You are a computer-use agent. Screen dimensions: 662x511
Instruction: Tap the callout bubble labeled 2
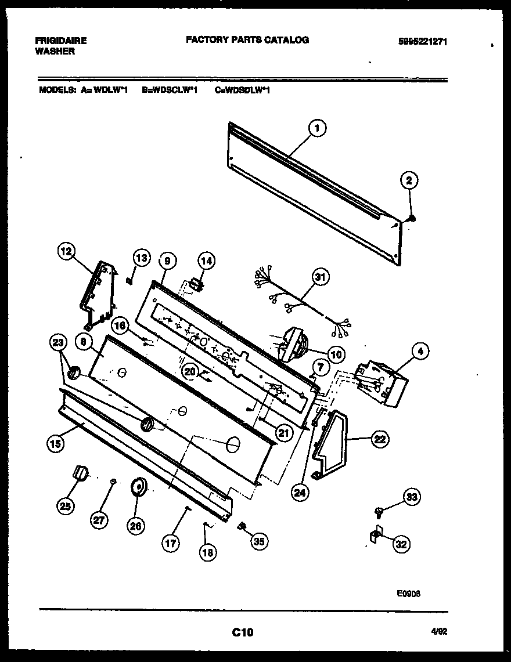tap(409, 181)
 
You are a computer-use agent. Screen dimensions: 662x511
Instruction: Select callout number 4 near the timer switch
tap(420, 350)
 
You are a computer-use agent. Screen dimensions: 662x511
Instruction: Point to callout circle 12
tap(67, 251)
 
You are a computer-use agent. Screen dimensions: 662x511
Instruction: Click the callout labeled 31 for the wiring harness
tap(319, 277)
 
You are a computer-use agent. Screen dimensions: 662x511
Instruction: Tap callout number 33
tap(412, 497)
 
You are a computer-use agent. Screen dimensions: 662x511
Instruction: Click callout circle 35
tap(259, 541)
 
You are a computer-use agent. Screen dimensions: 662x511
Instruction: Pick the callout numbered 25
tap(65, 506)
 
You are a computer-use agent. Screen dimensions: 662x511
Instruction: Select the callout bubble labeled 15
tap(55, 444)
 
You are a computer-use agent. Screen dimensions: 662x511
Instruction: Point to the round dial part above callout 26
tap(139, 488)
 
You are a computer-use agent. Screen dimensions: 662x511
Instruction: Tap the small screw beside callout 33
tap(379, 511)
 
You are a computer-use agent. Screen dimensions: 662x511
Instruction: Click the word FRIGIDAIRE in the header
tap(61, 41)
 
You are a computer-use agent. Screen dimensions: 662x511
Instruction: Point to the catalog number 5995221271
tap(423, 41)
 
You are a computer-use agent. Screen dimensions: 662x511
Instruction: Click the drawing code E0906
tap(408, 593)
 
